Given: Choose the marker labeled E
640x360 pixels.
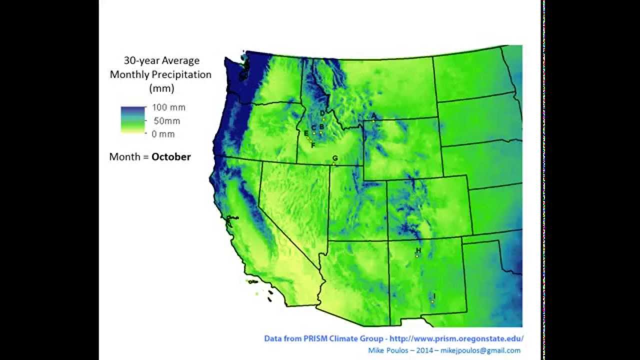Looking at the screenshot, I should click(306, 133).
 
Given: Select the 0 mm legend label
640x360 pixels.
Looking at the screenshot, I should click(163, 134).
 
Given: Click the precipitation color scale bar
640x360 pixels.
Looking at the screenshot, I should click(132, 119).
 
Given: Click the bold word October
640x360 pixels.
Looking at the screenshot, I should click(171, 156).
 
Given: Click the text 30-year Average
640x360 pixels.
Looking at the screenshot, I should click(161, 60).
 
